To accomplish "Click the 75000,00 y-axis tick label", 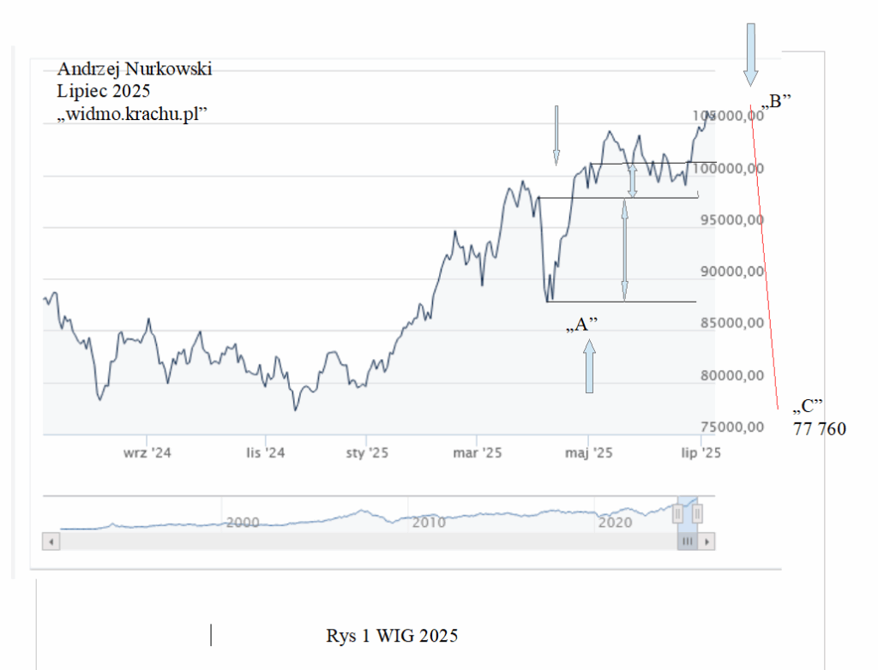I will pos(729,428).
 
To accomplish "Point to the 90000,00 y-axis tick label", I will pos(729,272).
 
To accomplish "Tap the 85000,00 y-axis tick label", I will pos(729,324).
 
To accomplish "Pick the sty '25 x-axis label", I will pos(367,453).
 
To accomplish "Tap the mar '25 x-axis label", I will pos(478,453).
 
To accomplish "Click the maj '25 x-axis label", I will pos(589,453).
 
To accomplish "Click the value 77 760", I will pos(820,428).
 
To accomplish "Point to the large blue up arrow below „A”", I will pos(589,367).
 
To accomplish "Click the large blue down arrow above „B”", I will pos(750,54).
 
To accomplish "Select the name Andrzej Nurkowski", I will pos(134,69).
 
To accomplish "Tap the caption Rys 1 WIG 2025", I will pos(392,637).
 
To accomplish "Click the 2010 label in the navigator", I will pos(428,522).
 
